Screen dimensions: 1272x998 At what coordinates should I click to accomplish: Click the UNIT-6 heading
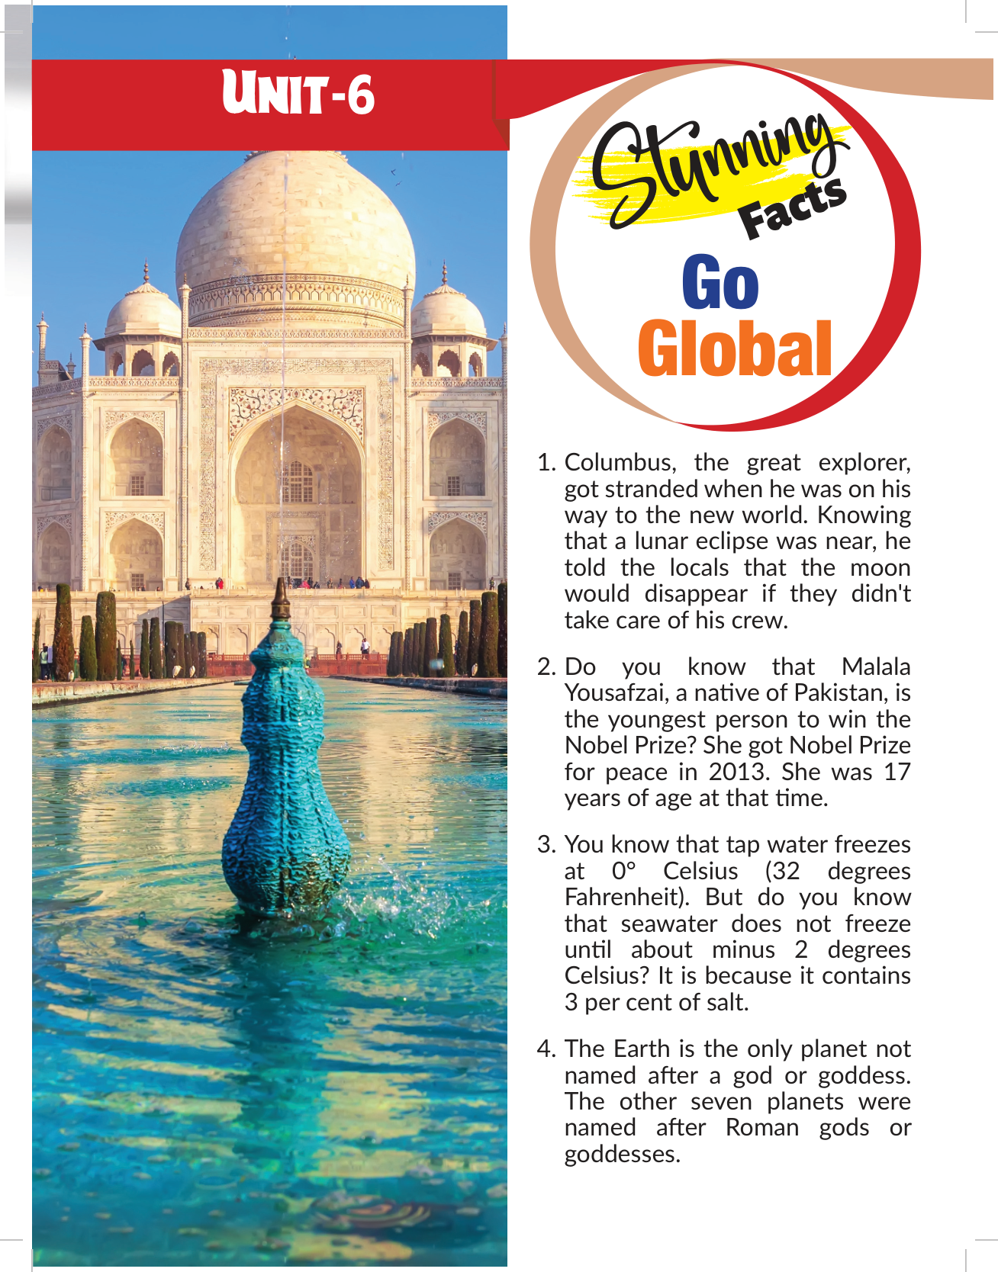298,95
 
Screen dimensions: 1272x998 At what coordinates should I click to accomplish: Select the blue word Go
720,284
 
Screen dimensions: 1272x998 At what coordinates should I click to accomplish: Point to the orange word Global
734,349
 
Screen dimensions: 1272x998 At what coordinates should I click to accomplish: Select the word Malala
875,667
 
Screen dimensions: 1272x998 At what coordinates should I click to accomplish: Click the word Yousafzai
616,693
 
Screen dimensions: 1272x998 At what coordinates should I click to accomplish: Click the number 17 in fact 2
897,772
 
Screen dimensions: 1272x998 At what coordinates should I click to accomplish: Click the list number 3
546,845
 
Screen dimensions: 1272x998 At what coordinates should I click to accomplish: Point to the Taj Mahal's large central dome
295,221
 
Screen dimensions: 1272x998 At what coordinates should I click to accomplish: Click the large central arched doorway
297,496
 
